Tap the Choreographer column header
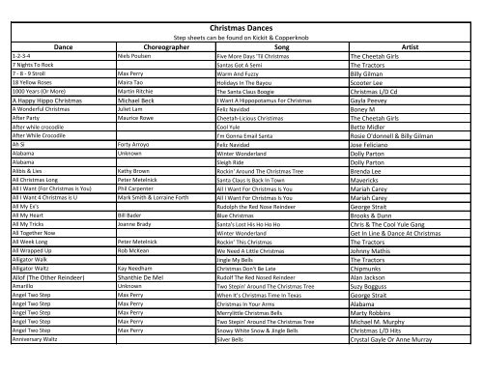click(x=145, y=46)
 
